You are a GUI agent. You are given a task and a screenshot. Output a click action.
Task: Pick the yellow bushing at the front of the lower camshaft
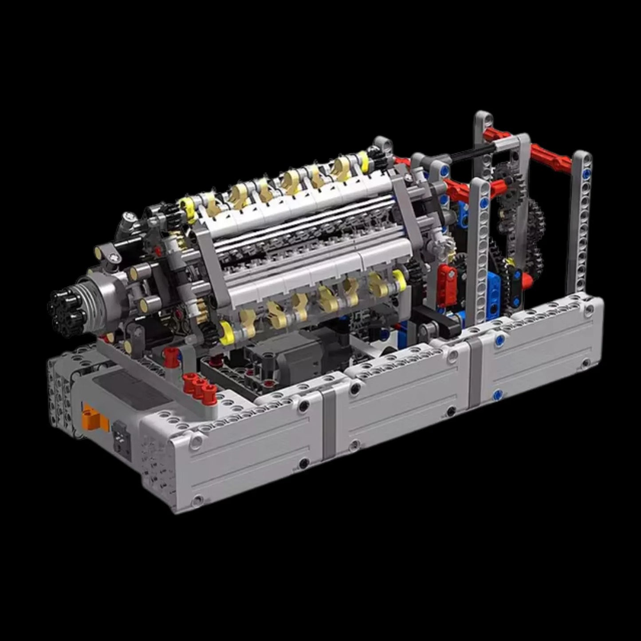pyautogui.click(x=226, y=333)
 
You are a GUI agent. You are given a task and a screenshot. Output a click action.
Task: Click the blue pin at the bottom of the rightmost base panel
pyautogui.click(x=497, y=394)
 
